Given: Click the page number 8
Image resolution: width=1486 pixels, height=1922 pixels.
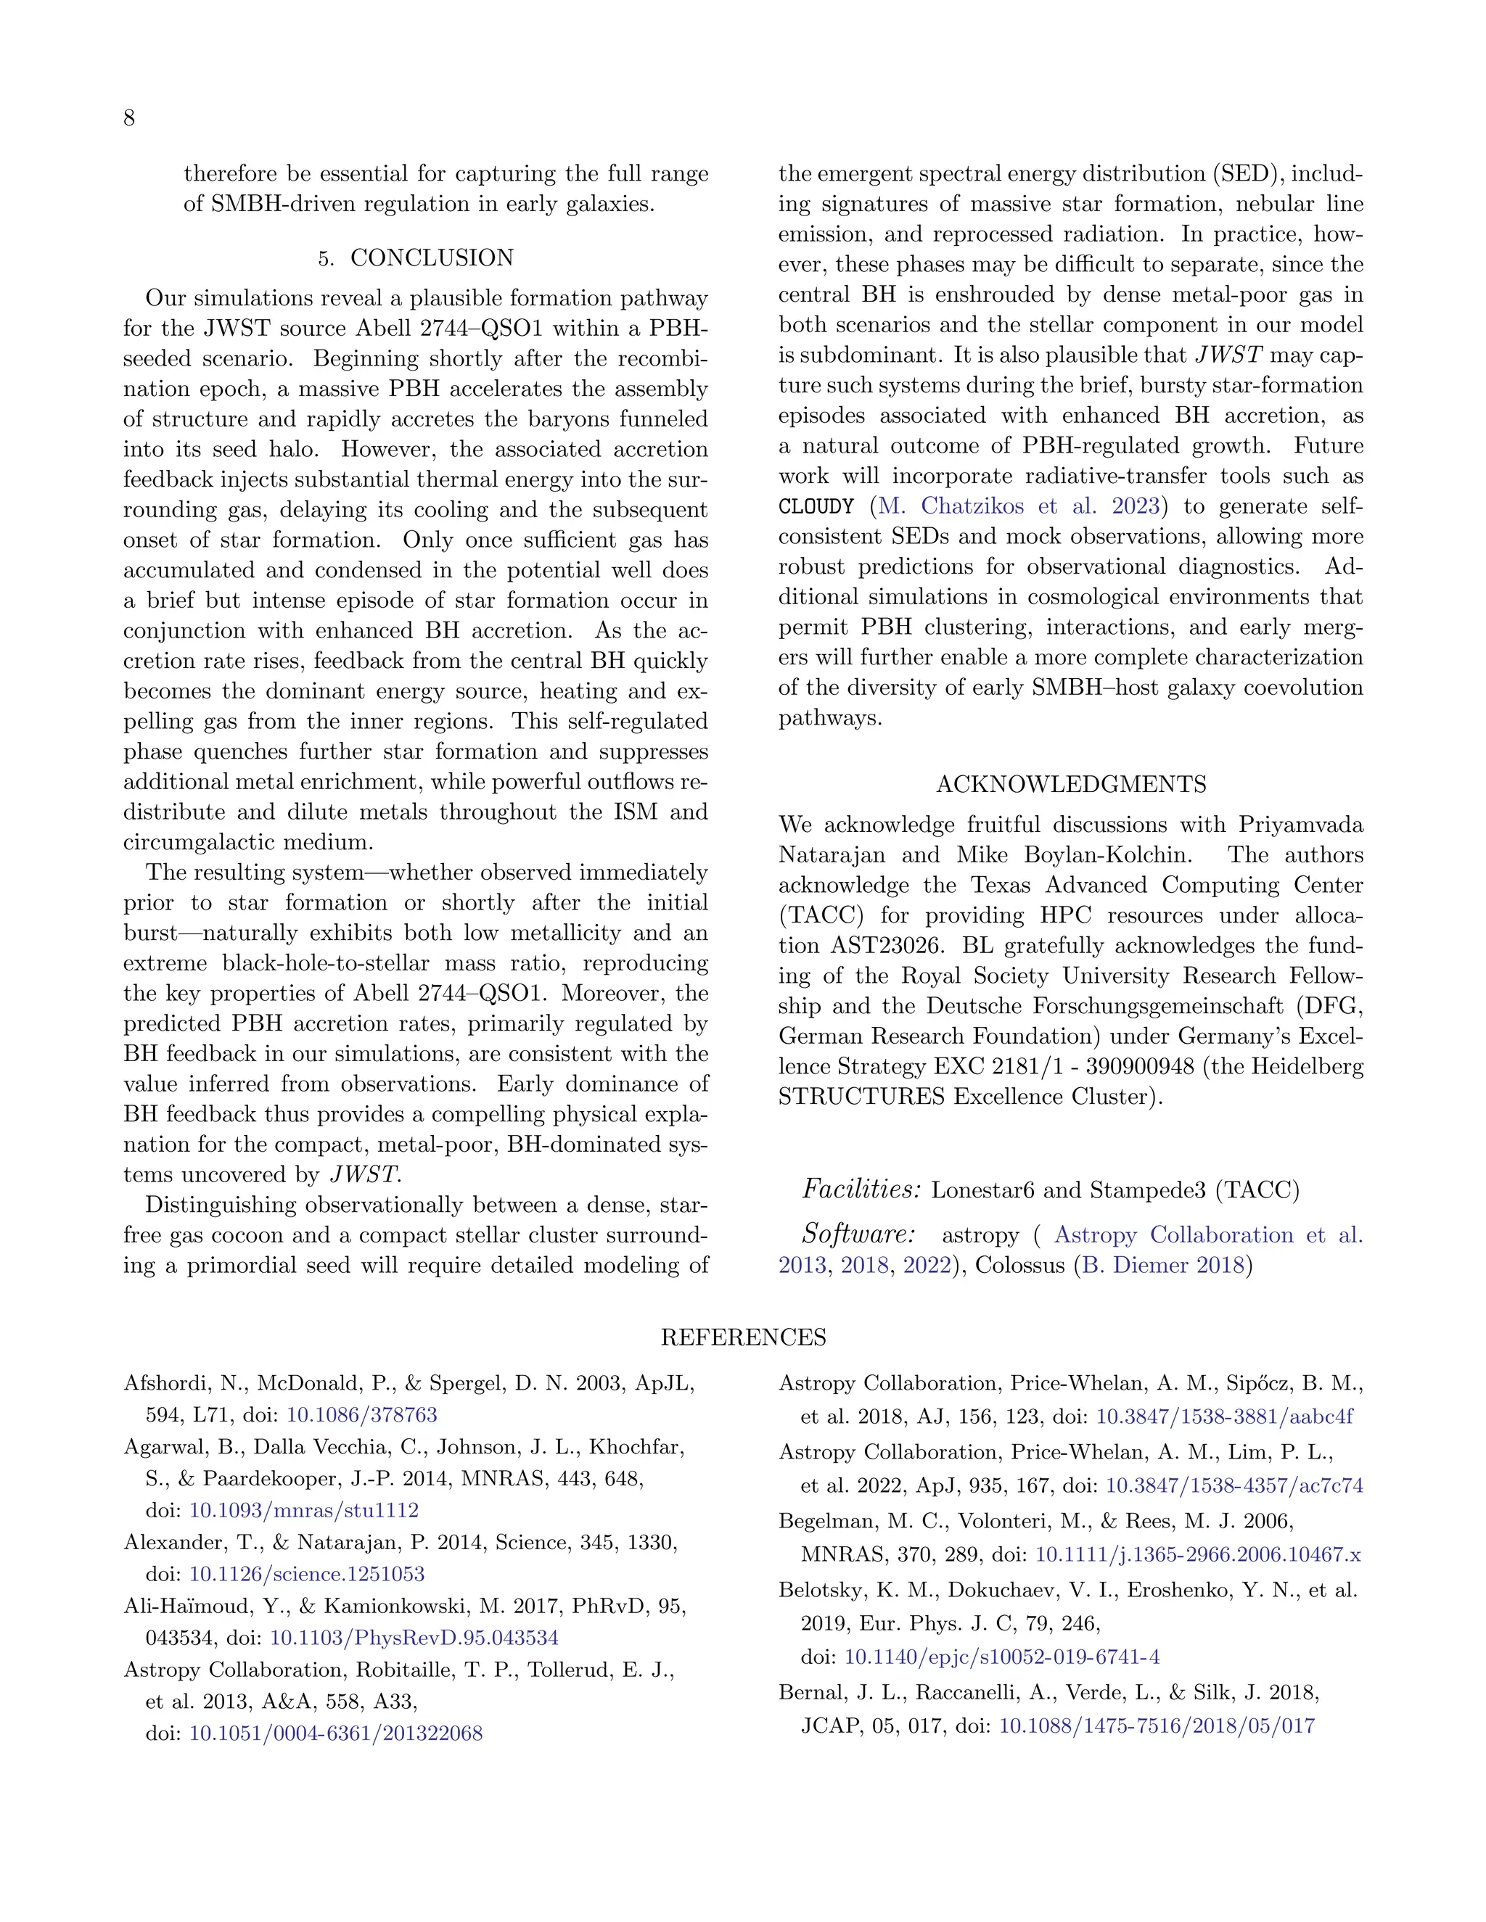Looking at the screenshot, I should click(x=128, y=118).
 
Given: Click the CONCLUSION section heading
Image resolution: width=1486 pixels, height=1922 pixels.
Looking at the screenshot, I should click(x=432, y=258).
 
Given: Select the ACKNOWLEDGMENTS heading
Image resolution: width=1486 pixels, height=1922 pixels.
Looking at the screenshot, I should click(x=1070, y=784).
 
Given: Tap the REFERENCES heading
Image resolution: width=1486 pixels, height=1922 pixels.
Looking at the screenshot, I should click(x=743, y=1337).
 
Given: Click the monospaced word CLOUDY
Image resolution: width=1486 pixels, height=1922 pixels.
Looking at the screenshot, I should click(x=816, y=507).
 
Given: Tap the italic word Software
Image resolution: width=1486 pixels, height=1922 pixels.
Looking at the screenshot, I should click(x=859, y=1234).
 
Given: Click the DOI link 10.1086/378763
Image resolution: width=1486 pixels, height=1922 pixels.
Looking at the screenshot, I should click(x=362, y=1415).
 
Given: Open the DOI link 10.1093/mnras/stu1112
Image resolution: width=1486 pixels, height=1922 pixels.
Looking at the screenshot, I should click(x=304, y=1510).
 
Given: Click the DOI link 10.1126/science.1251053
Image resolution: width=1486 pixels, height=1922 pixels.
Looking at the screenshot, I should click(x=306, y=1575).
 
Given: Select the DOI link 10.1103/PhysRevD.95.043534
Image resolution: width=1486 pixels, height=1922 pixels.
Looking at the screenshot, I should click(x=414, y=1638).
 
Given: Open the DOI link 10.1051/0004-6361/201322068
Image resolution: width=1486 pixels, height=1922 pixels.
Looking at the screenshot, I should click(x=335, y=1733).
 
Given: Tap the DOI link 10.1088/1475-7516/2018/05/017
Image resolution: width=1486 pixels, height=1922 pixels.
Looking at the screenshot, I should click(x=1157, y=1725).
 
